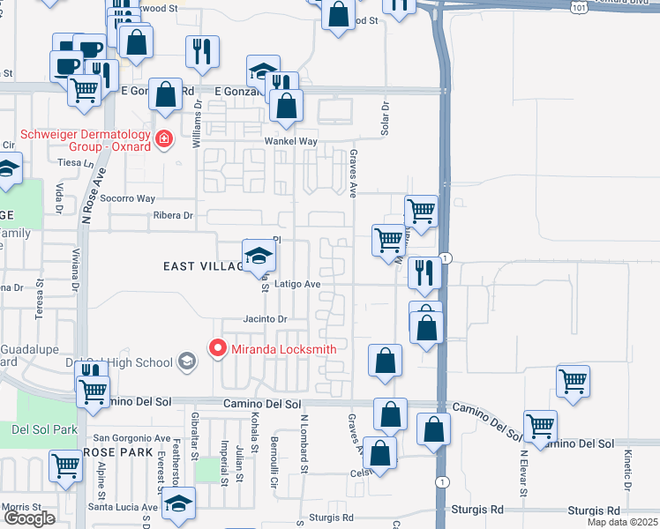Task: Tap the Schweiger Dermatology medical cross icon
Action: pos(162,139)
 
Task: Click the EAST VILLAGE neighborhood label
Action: pos(203,266)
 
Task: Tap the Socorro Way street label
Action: pos(127,199)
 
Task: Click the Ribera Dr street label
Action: pos(172,216)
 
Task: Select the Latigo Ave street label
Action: pos(296,285)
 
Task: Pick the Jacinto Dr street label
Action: pos(266,319)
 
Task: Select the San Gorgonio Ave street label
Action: pos(132,438)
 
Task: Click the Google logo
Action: pos(29,518)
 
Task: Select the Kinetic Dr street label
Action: pos(627,469)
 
